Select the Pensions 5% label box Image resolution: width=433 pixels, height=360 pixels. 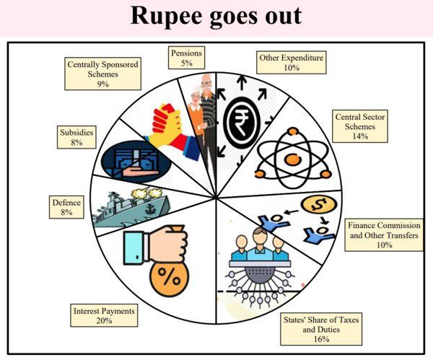[x=188, y=57]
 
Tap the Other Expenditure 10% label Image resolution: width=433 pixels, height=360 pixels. [x=291, y=61]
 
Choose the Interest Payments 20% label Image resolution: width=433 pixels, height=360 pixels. [x=104, y=315]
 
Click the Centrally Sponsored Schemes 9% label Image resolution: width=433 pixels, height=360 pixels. [x=102, y=73]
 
